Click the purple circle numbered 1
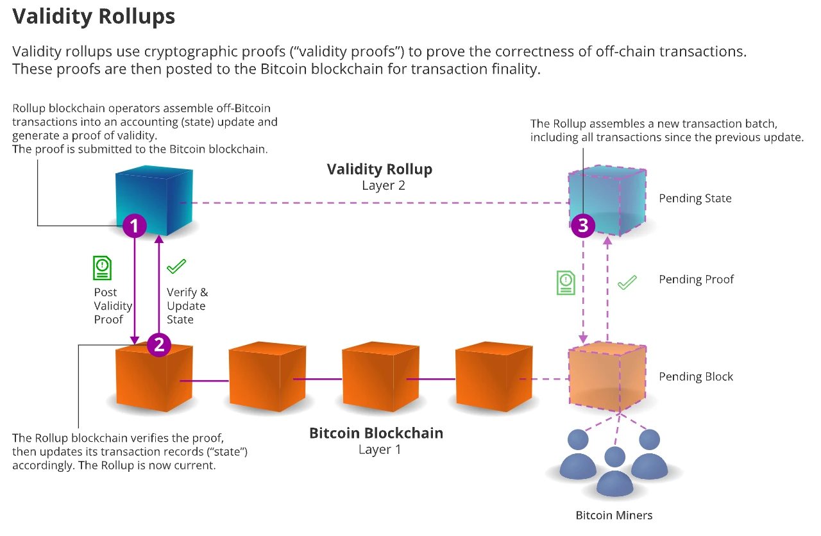[x=135, y=225]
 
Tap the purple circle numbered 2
[x=158, y=344]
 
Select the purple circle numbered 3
[x=583, y=225]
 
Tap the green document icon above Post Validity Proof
[x=102, y=268]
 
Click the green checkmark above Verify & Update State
[x=176, y=265]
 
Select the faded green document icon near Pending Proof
[x=566, y=282]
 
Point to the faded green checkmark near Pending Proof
[x=627, y=282]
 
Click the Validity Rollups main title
[x=94, y=17]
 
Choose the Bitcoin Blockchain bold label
[x=376, y=433]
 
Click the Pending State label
[x=695, y=198]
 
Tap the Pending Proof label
[x=697, y=280]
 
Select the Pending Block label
[x=696, y=376]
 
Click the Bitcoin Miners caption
[x=614, y=515]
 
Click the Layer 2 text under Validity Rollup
[x=380, y=186]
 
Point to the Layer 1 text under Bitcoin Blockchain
[x=380, y=449]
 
